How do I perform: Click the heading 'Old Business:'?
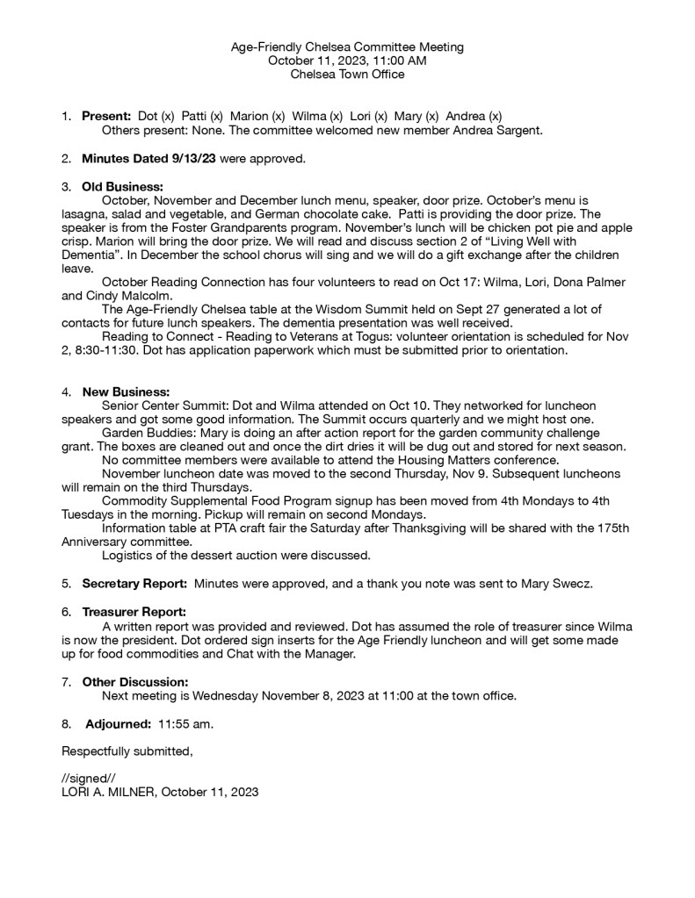122,186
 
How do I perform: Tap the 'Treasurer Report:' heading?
134,612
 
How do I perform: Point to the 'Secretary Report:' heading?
134,583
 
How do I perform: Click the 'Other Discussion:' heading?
134,682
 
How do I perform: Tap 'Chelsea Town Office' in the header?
347,75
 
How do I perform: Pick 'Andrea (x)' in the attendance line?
474,116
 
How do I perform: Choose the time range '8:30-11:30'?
110,351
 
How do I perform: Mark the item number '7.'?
66,682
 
